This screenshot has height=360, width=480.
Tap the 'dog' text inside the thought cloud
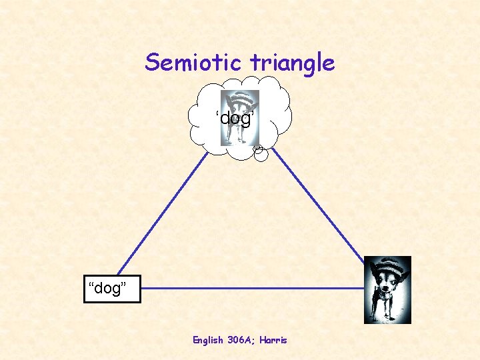click(235, 119)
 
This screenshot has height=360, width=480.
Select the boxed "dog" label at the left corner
click(112, 288)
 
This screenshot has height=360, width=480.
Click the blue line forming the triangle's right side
click(320, 207)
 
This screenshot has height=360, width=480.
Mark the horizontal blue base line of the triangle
click(253, 289)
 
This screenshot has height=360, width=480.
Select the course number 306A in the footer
click(242, 340)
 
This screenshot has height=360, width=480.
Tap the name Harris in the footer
click(274, 340)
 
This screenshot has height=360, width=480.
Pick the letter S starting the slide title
click(153, 63)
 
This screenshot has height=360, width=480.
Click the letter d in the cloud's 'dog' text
click(224, 119)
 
